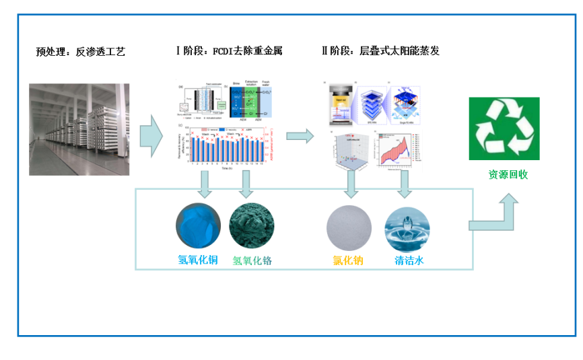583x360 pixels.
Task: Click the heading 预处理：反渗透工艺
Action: [x=81, y=51]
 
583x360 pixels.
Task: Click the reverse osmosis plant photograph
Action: [x=79, y=129]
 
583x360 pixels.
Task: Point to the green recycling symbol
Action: [x=504, y=129]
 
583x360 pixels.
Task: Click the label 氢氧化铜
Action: [x=198, y=260]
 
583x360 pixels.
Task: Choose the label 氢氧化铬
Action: [x=252, y=260]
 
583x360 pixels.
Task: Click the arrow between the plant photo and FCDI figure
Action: [x=151, y=132]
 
